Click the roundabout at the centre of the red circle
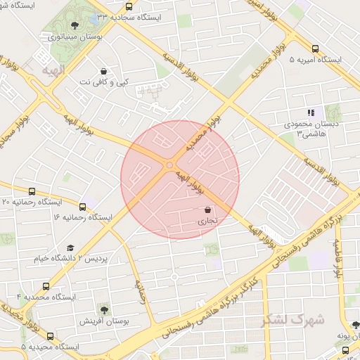click(169, 166)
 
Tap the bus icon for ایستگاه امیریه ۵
click(314, 49)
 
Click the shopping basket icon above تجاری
click(207, 210)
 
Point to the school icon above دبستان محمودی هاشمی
click(311, 113)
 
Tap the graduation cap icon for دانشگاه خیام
click(70, 248)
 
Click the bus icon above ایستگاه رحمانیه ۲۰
click(32, 191)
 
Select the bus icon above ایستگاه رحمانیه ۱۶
click(82, 207)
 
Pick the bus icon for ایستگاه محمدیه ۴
click(46, 286)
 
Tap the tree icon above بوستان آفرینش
click(104, 309)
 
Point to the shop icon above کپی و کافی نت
click(104, 71)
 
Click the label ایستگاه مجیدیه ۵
click(49, 347)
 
